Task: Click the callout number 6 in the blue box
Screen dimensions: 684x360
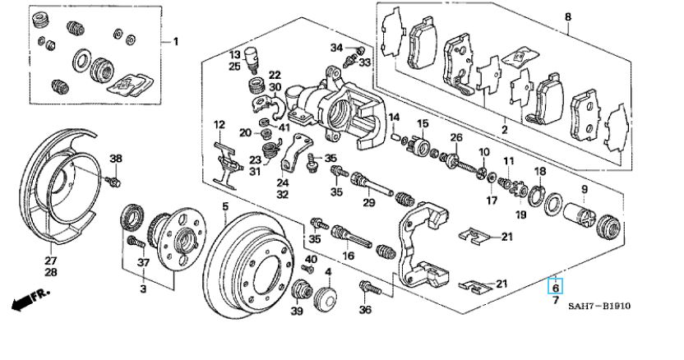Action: click(555, 288)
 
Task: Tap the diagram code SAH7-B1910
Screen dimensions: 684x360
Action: click(599, 307)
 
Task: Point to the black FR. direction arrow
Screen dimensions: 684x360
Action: click(30, 300)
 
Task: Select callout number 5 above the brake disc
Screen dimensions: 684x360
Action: click(225, 206)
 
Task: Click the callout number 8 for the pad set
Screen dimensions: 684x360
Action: click(567, 17)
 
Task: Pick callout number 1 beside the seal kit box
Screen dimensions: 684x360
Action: click(176, 42)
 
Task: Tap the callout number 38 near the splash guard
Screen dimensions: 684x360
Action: click(116, 159)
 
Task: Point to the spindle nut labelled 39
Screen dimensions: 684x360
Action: click(300, 290)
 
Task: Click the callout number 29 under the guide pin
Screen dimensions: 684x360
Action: click(369, 202)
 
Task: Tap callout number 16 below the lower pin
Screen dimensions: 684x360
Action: click(348, 255)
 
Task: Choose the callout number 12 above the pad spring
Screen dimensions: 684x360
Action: click(219, 125)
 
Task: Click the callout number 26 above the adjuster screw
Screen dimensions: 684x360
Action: click(455, 138)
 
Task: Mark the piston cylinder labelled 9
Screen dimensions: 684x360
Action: click(579, 215)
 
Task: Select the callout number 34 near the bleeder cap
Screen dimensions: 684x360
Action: click(336, 48)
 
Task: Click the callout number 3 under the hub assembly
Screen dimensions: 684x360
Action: click(143, 288)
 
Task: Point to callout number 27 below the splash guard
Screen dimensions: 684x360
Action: click(51, 261)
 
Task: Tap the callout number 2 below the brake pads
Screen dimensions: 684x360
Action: click(505, 130)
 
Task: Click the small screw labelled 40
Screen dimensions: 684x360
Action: click(308, 269)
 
